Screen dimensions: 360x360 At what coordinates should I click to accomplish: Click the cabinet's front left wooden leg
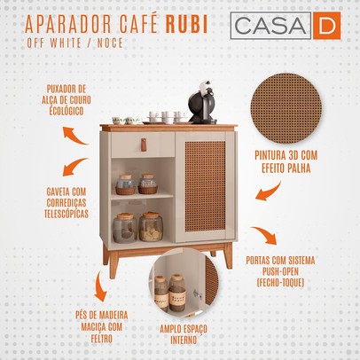coord(113,263)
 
